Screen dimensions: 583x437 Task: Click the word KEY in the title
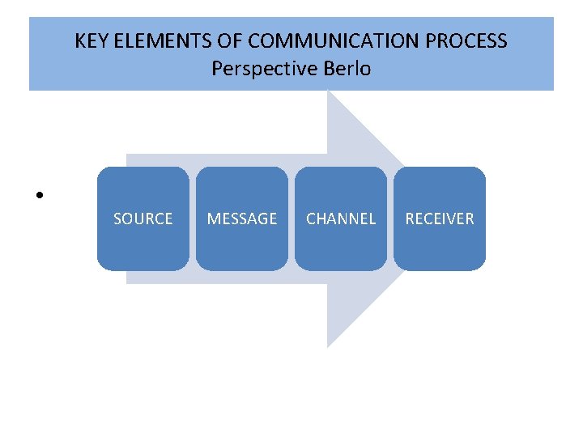[x=91, y=40]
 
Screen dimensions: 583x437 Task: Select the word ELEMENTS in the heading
[x=153, y=40]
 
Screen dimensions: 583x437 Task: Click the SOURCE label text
[x=143, y=218]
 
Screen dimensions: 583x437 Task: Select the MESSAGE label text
[x=242, y=218]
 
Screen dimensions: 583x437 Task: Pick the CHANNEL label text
[x=341, y=218]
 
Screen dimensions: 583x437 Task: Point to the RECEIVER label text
[x=440, y=218]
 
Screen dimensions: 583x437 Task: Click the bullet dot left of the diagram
[x=38, y=195]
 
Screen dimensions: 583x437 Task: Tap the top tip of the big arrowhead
[x=328, y=91]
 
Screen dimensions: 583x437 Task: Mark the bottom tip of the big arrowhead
[x=328, y=346]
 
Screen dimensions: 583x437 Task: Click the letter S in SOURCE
[x=117, y=218]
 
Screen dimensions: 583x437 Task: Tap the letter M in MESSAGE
[x=214, y=218]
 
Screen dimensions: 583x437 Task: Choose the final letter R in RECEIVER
[x=470, y=218]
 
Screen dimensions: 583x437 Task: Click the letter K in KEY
[x=80, y=40]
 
